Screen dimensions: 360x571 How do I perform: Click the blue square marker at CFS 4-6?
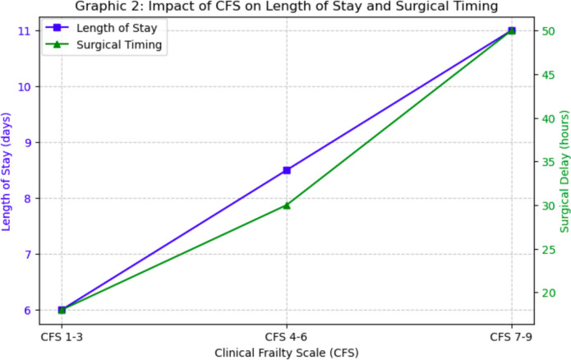tap(287, 170)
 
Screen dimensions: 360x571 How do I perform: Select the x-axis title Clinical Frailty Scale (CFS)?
tap(287, 352)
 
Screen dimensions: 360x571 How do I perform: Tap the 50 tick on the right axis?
tap(546, 31)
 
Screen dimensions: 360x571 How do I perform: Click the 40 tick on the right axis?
tap(546, 118)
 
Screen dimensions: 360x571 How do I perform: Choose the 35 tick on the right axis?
tap(546, 162)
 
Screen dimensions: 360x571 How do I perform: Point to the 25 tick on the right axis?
tap(546, 249)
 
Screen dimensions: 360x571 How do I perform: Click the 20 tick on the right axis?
tap(546, 293)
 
